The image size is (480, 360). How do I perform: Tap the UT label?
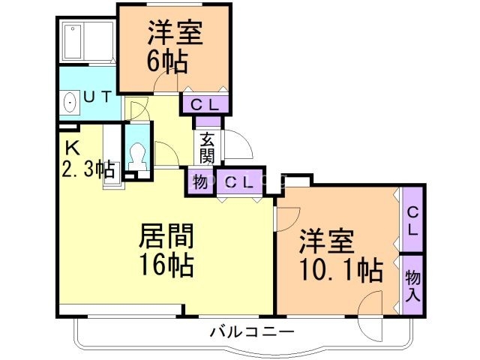pos(97,97)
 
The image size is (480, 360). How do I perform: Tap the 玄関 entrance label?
pos(207,148)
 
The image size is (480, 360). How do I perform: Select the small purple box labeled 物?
pos(200,181)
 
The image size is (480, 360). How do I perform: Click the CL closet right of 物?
pos(240,181)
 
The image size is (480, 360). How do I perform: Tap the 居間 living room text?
pos(166,238)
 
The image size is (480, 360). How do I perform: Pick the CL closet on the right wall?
pos(412,220)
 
